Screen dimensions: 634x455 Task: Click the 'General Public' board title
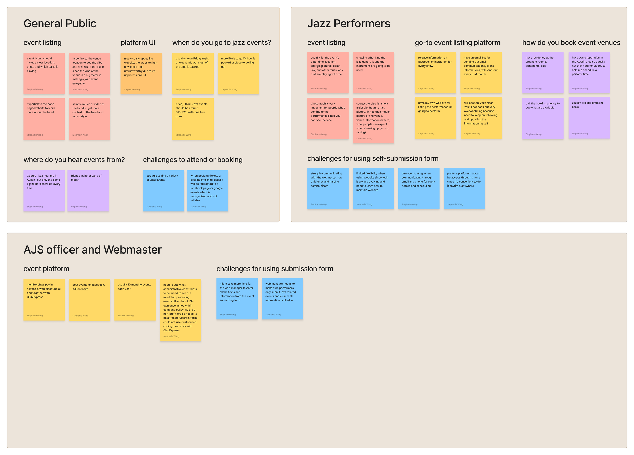click(60, 24)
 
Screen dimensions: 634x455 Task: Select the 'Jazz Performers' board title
click(349, 24)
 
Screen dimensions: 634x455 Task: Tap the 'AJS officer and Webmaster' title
click(92, 250)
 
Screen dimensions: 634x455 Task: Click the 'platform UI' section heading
click(138, 43)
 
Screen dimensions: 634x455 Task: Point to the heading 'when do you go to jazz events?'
click(222, 43)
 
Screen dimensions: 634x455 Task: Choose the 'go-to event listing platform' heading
click(457, 43)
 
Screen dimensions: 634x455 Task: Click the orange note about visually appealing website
click(141, 74)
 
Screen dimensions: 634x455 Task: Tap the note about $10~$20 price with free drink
click(193, 119)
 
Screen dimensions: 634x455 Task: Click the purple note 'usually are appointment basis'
click(589, 118)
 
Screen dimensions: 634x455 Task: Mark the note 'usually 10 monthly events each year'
click(135, 299)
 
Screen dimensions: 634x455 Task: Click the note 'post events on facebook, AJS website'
click(90, 299)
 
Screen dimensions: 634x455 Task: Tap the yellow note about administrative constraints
click(181, 310)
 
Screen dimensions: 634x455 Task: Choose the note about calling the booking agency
click(543, 118)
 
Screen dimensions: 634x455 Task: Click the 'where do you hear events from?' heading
click(74, 160)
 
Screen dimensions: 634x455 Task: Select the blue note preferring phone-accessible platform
click(464, 188)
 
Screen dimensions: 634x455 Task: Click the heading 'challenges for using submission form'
click(275, 269)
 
